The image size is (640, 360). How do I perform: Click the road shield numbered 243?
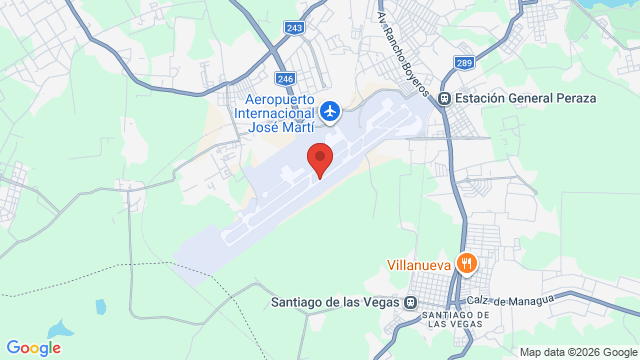point(293,28)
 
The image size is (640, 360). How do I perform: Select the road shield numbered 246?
point(285,78)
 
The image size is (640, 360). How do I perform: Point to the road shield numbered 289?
point(465,63)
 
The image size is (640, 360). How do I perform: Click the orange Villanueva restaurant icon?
point(466,265)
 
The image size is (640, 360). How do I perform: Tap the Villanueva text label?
point(419,266)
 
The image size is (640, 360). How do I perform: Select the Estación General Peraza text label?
point(525,98)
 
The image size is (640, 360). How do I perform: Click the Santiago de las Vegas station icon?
point(411,301)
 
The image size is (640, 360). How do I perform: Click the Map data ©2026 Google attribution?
point(577,352)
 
